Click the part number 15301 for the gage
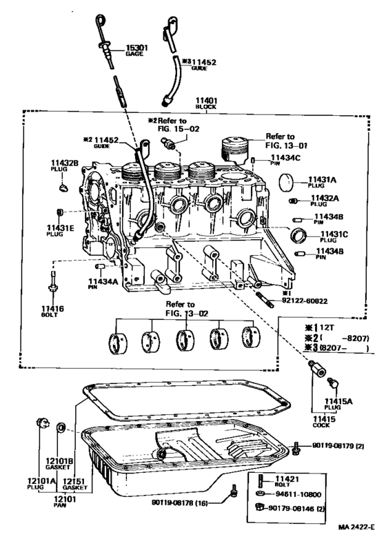pos(136,48)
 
